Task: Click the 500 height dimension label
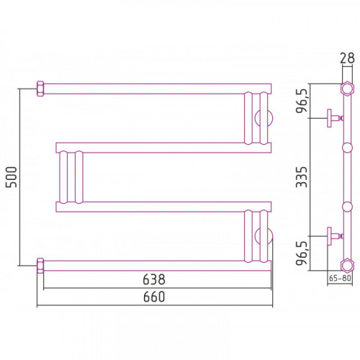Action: (12, 177)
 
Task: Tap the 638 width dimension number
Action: (154, 279)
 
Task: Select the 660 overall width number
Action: (154, 297)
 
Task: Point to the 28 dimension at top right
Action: (347, 58)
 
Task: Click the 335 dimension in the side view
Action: (302, 177)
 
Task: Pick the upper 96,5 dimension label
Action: (302, 101)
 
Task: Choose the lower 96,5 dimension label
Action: (302, 253)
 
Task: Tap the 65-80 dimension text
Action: (340, 278)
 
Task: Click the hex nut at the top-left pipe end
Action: (40, 89)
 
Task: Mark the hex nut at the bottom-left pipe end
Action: (40, 266)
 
